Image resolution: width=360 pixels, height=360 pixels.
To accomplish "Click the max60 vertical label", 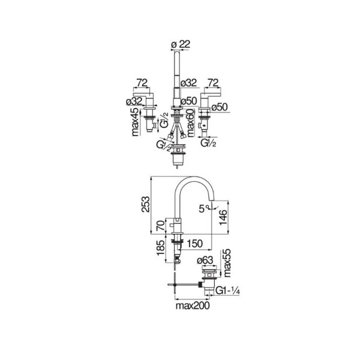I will tap(190, 122).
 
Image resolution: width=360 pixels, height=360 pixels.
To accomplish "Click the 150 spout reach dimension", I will tap(194, 244).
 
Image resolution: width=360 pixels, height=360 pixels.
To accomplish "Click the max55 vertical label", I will tap(227, 263).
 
